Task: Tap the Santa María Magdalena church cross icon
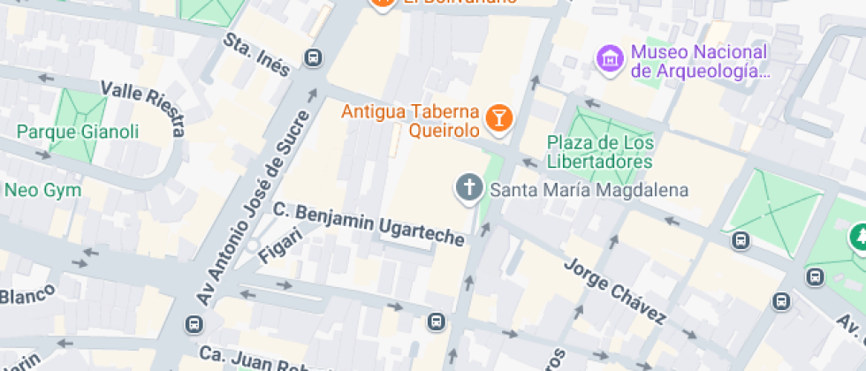click(467, 187)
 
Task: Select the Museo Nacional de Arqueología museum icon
click(608, 59)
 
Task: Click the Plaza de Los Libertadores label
click(600, 152)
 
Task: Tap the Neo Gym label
click(42, 190)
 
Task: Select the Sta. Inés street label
click(257, 55)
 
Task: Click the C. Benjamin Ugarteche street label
click(368, 224)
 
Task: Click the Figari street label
click(281, 245)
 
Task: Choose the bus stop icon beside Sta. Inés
click(312, 58)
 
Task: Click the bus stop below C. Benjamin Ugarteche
click(436, 321)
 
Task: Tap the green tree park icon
click(858, 236)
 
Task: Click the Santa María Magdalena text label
click(589, 189)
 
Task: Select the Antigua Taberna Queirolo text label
click(411, 122)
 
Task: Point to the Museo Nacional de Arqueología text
click(698, 61)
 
